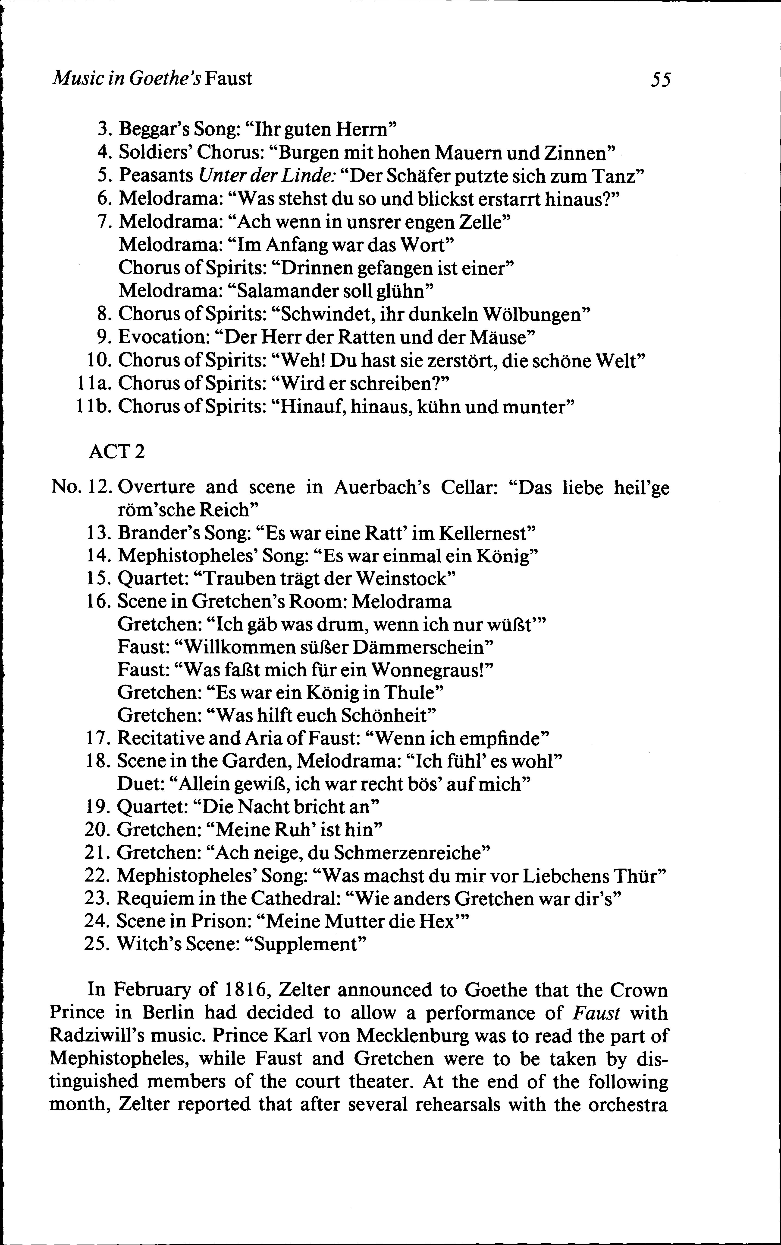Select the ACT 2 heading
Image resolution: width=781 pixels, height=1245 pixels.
pos(117,452)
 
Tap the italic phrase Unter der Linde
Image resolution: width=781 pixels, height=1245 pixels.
pos(267,176)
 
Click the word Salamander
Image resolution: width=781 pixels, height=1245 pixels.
pos(282,291)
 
